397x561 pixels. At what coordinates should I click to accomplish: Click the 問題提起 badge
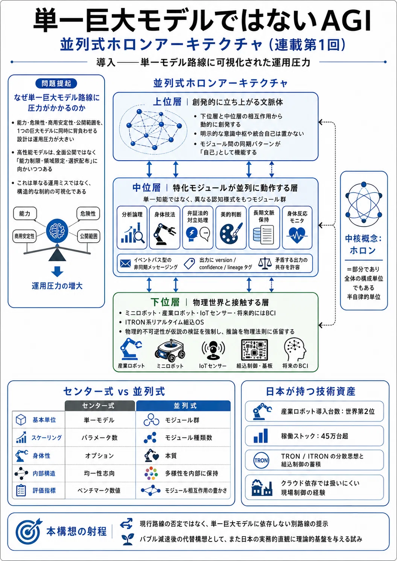(x=56, y=84)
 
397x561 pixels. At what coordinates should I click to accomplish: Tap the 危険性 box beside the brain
(x=88, y=214)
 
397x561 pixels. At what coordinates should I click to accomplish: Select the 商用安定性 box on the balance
(x=24, y=236)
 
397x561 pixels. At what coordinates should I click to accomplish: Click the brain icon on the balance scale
(x=57, y=230)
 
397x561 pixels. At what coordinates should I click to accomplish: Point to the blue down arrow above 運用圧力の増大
(x=57, y=271)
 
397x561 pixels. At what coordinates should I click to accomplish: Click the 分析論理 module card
(x=132, y=228)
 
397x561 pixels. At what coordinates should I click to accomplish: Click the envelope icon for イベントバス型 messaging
(x=125, y=263)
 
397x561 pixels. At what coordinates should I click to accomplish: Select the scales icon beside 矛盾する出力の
(x=265, y=263)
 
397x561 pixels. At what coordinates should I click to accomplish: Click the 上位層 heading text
(x=167, y=102)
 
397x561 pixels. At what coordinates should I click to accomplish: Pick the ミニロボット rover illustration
(x=170, y=350)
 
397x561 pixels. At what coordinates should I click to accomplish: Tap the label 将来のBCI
(x=295, y=366)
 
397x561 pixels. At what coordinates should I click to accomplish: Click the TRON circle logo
(x=261, y=460)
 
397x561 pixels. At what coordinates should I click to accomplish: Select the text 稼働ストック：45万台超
(x=315, y=436)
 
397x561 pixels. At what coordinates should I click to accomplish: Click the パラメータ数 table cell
(x=99, y=438)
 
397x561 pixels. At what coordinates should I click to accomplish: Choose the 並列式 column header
(x=183, y=406)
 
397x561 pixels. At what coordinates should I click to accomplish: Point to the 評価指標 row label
(x=44, y=490)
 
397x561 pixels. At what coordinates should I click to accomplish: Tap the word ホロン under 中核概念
(x=363, y=250)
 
